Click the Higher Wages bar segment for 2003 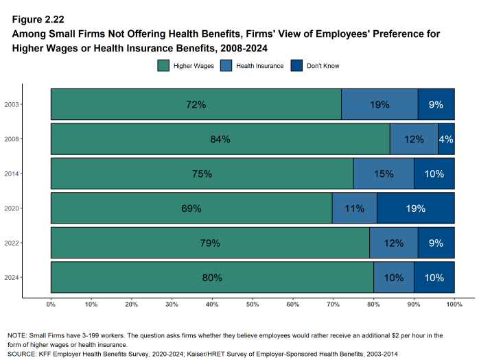pos(196,105)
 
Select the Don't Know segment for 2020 pos(415,208)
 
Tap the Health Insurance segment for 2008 pos(414,139)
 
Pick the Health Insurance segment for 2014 pos(384,174)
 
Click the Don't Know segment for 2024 pos(434,278)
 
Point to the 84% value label pos(220,139)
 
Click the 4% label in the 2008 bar pos(446,139)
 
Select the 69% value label pos(191,208)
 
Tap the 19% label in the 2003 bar pos(379,105)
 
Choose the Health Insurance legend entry pos(253,66)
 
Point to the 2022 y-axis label pos(11,243)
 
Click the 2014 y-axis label pos(11,174)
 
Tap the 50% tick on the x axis pos(253,304)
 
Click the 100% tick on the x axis pos(454,304)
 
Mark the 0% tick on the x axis pos(51,304)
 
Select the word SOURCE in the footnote pos(23,353)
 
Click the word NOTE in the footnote pos(17,335)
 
